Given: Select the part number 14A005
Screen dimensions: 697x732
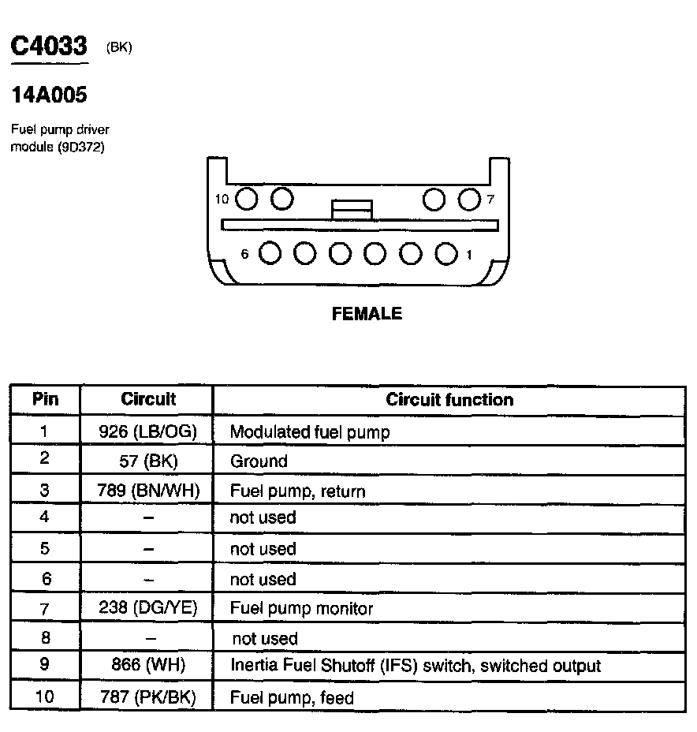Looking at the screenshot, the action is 48,96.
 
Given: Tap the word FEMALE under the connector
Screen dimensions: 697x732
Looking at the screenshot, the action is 367,314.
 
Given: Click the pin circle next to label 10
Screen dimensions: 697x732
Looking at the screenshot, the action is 247,199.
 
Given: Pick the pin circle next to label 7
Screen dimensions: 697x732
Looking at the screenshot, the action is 470,199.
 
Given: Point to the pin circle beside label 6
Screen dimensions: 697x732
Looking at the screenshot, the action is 270,253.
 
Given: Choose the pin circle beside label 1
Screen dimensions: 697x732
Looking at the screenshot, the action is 447,253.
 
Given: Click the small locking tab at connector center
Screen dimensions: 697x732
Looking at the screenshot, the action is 352,209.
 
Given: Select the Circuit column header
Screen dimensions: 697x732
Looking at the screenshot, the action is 148,399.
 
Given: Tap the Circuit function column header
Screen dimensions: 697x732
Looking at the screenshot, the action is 449,400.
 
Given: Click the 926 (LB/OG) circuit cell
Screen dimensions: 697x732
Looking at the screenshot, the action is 148,431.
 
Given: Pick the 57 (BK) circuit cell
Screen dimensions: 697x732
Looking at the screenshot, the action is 148,461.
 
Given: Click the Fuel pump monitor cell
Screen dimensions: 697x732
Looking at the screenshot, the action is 301,608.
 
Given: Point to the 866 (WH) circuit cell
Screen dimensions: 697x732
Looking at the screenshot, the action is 148,665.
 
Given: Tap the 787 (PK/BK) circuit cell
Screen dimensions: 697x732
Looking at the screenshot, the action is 148,697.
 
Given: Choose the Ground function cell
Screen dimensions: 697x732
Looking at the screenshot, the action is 259,461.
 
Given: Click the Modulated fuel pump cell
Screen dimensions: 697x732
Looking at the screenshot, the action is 309,432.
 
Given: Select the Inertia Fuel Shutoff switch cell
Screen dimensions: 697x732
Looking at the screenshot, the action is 415,666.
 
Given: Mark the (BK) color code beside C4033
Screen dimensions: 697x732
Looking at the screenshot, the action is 119,48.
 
